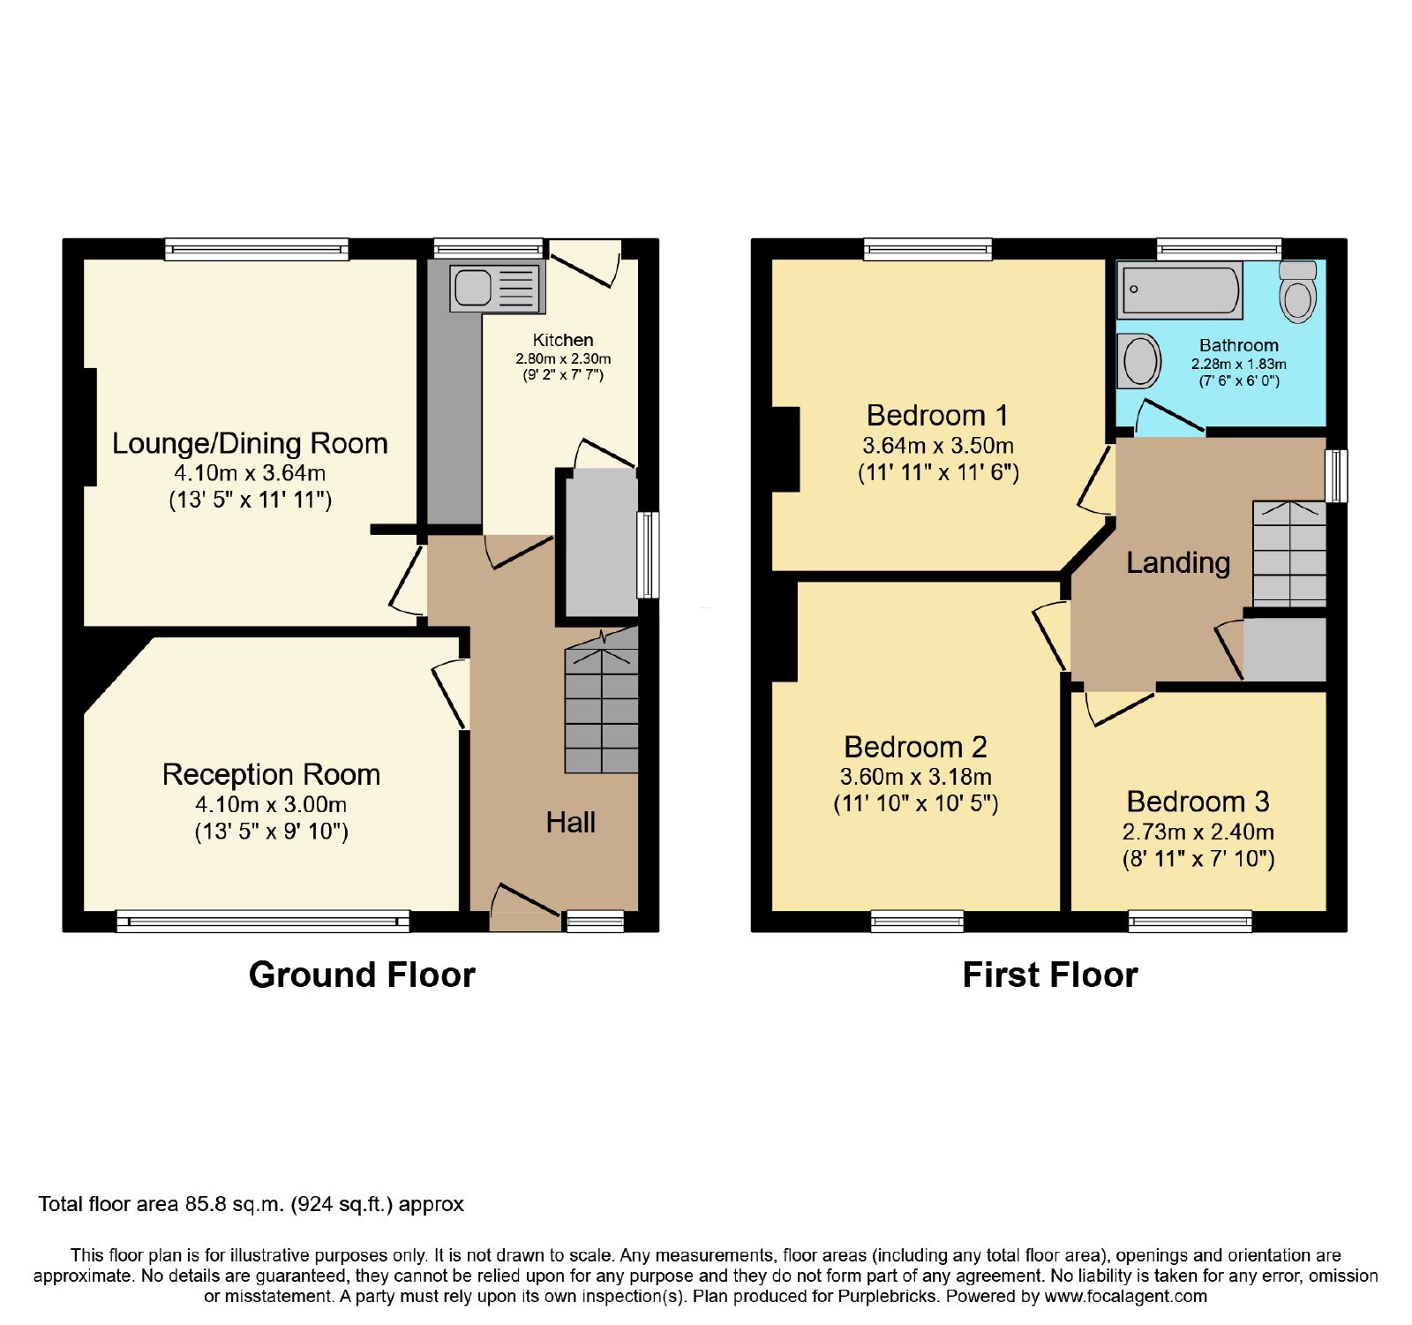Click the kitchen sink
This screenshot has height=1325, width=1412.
pyautogui.click(x=497, y=288)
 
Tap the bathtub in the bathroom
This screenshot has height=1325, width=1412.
pyautogui.click(x=1180, y=290)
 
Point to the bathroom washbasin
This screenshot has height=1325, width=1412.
pyautogui.click(x=1138, y=361)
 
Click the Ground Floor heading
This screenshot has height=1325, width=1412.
pyautogui.click(x=362, y=975)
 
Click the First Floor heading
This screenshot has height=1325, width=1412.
pyautogui.click(x=1050, y=975)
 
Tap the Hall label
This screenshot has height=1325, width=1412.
pyautogui.click(x=570, y=823)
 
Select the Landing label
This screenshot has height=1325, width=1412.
pyautogui.click(x=1178, y=563)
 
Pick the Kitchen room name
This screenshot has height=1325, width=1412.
pyautogui.click(x=563, y=340)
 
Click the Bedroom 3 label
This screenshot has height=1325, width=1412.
pyautogui.click(x=1198, y=802)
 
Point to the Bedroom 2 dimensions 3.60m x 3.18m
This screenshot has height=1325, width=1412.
pyautogui.click(x=916, y=777)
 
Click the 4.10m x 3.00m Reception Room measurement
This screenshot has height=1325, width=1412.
pyautogui.click(x=271, y=805)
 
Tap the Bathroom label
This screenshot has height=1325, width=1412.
pyautogui.click(x=1239, y=345)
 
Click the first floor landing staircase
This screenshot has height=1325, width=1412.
pyautogui.click(x=1289, y=553)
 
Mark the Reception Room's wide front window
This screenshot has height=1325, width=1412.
pyautogui.click(x=263, y=922)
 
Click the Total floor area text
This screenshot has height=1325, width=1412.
pyautogui.click(x=251, y=1205)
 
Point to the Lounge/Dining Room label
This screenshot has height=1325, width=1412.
pyautogui.click(x=250, y=443)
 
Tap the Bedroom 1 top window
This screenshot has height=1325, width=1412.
pyautogui.click(x=928, y=249)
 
